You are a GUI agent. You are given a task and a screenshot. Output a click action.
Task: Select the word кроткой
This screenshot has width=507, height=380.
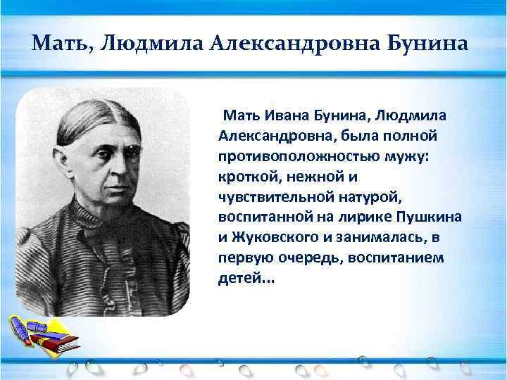pos(246,176)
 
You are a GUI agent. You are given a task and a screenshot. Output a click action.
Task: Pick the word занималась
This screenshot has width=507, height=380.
pos(394,237)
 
